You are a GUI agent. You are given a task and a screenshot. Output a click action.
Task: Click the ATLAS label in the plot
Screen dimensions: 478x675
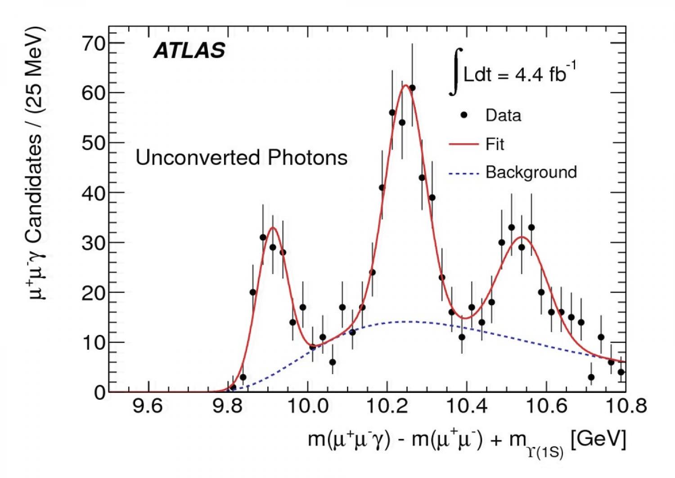click(189, 50)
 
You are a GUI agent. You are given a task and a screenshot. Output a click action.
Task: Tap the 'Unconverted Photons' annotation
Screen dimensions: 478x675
click(241, 158)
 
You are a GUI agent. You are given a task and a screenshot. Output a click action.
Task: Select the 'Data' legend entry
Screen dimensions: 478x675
click(503, 115)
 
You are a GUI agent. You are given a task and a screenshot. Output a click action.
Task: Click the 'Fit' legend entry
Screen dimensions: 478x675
click(495, 144)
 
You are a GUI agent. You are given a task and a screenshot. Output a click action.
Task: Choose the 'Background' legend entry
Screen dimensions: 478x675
click(531, 172)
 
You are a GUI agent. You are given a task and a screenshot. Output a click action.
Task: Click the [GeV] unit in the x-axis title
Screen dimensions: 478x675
click(598, 438)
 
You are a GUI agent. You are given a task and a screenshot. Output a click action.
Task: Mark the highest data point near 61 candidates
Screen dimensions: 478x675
click(412, 88)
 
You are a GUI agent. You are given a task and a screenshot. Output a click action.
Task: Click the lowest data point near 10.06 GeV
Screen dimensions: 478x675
click(333, 362)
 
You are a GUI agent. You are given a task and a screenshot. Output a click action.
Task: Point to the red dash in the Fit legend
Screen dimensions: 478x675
click(463, 144)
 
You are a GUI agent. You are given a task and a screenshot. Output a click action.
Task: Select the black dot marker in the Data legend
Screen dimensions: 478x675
click(464, 115)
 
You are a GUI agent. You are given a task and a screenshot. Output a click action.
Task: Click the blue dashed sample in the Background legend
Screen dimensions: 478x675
click(463, 173)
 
